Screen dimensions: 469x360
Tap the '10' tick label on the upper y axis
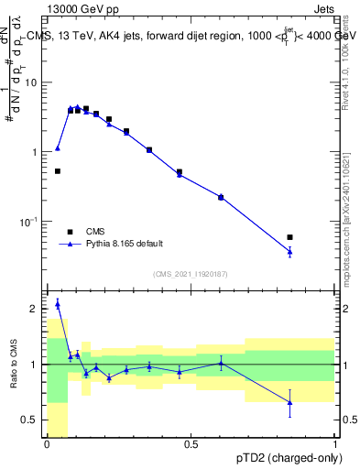[x=34, y=82]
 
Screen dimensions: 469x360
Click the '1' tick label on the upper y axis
[x=38, y=152]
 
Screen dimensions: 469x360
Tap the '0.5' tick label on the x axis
[x=191, y=445]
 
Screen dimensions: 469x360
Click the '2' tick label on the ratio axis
[x=38, y=309]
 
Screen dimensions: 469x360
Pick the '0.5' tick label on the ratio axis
[x=32, y=420]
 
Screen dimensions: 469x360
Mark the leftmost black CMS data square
[x=58, y=171]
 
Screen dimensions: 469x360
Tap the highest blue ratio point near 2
[x=58, y=304]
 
